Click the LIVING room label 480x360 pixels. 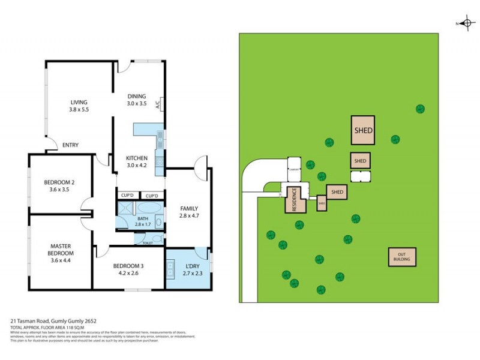(79, 102)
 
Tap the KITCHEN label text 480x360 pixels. (136, 158)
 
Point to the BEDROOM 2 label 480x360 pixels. (59, 182)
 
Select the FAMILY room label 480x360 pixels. (189, 209)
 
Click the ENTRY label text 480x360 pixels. (70, 145)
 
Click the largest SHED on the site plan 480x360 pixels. (363, 130)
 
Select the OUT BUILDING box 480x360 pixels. (402, 257)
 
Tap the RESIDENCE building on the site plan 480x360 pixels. (295, 200)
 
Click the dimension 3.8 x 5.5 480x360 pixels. (79, 110)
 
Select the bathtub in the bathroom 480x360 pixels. (150, 209)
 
